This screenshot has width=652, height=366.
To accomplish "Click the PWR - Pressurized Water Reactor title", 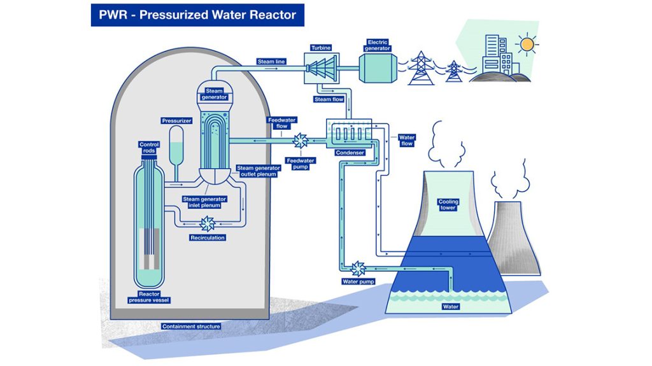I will coord(197,15).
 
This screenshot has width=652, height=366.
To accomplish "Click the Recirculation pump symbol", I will coord(207,223).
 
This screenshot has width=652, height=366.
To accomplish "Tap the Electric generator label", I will coord(378,45).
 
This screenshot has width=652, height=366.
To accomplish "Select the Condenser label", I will coord(350,152).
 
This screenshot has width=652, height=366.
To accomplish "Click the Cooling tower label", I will coord(448,205).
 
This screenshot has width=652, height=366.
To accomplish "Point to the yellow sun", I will coord(527,44).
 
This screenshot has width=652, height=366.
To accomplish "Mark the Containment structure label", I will coord(191,327).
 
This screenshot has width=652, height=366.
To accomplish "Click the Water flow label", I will coord(406,140).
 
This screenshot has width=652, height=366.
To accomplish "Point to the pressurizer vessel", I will coord(174,143).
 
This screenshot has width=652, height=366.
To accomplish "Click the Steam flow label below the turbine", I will coord(329,99).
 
